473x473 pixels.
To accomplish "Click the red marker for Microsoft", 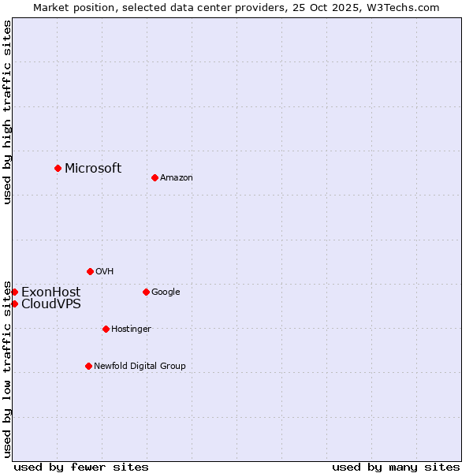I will [x=58, y=168].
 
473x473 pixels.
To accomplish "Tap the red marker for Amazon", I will [x=155, y=177].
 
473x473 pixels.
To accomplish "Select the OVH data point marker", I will [x=90, y=271].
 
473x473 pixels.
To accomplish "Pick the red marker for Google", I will [x=146, y=292].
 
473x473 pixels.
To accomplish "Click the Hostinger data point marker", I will [x=106, y=329].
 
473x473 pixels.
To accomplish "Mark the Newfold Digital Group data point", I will [x=88, y=366].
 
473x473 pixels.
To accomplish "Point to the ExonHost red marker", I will [x=14, y=292].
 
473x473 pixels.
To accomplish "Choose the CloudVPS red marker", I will [x=14, y=304].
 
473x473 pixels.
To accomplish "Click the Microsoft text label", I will [x=93, y=168].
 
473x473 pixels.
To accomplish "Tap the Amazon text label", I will [x=177, y=177].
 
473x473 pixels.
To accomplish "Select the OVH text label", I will [x=105, y=271].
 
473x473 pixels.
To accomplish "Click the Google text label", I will [x=166, y=292].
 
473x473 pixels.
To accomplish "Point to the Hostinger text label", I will [x=131, y=329].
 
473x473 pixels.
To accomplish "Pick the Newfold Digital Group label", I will [x=140, y=366].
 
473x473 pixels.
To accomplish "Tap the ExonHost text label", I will [x=50, y=292].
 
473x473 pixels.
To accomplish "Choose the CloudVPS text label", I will [x=50, y=304].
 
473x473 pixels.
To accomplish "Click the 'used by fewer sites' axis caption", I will [x=81, y=467].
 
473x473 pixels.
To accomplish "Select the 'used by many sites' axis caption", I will [x=396, y=467].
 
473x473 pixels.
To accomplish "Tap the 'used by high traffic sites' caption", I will [x=7, y=112].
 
